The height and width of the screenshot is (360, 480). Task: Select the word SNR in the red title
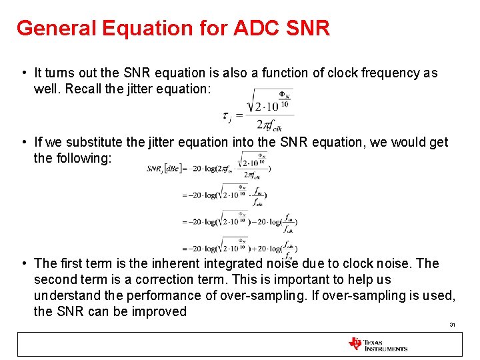point(307,29)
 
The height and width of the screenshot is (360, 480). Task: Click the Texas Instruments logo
point(377,344)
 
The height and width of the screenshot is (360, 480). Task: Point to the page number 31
point(452,325)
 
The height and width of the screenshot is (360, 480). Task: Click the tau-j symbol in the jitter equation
point(227,117)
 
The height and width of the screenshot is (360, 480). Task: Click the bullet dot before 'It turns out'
point(23,73)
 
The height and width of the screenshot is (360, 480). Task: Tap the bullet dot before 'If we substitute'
point(23,142)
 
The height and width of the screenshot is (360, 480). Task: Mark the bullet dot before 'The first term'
point(23,263)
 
